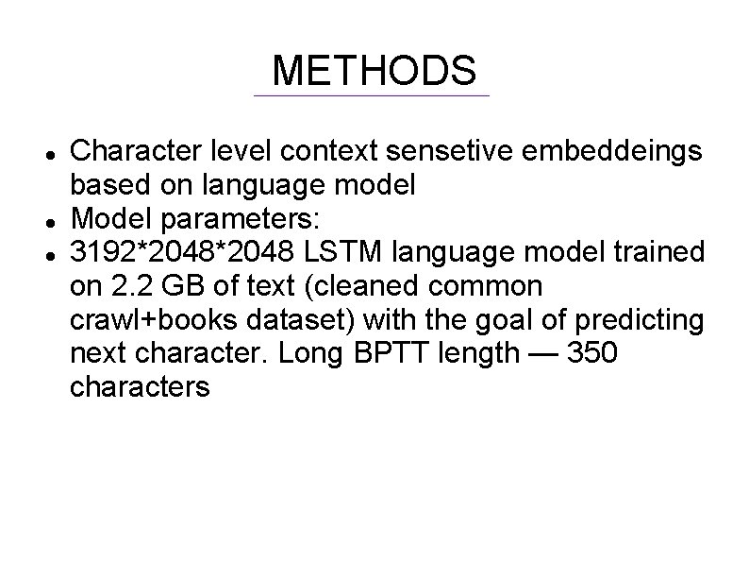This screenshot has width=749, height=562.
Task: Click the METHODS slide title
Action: tap(374, 71)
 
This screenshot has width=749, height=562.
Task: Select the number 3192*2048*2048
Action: tap(185, 253)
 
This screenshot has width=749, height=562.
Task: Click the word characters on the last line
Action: tap(141, 388)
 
